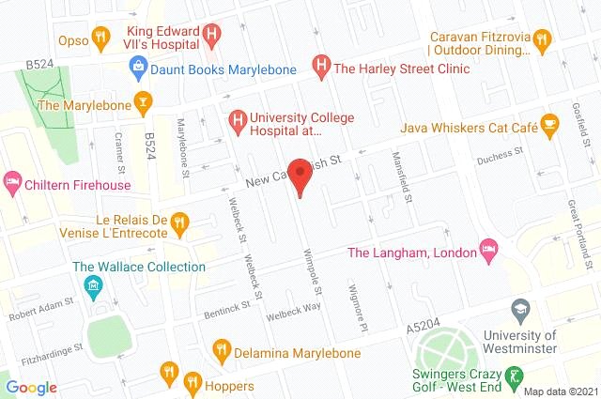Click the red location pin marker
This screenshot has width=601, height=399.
pyautogui.click(x=300, y=176)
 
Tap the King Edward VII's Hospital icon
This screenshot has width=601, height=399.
pyautogui.click(x=212, y=37)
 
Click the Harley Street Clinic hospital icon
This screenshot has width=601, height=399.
pyautogui.click(x=320, y=68)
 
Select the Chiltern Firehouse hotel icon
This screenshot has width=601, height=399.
pyautogui.click(x=13, y=178)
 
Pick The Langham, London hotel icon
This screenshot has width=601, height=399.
pyautogui.click(x=487, y=250)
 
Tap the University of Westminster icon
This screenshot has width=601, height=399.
pyautogui.click(x=520, y=309)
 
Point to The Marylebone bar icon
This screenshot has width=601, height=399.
pyautogui.click(x=142, y=102)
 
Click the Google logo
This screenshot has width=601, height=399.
pyautogui.click(x=31, y=387)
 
